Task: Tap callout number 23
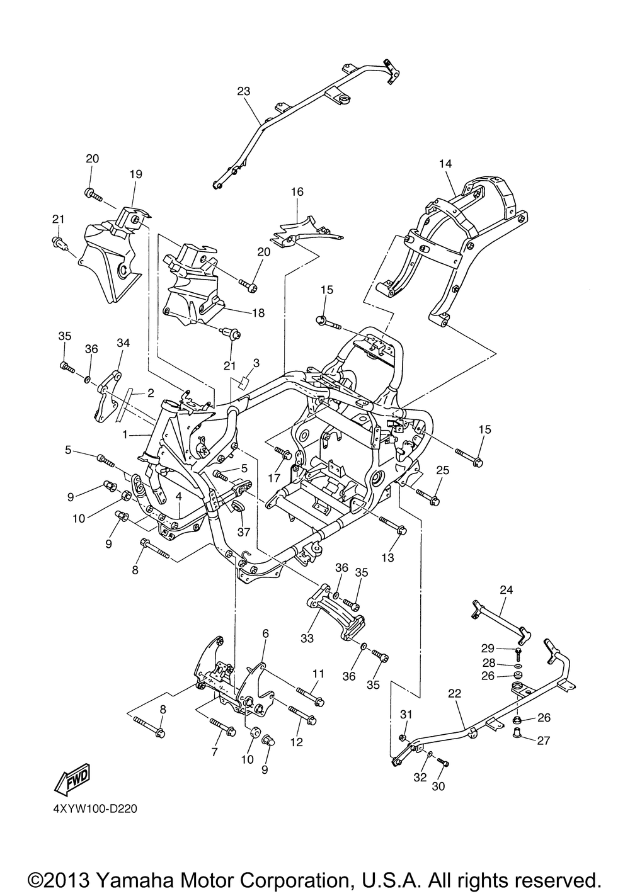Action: tap(243, 91)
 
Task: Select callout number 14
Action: tap(445, 164)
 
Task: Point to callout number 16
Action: tap(297, 191)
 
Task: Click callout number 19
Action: tap(135, 174)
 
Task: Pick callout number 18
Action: tap(258, 313)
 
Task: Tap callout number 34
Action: tap(123, 343)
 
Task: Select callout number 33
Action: tap(307, 638)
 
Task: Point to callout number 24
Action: tap(506, 590)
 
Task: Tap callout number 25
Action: tap(443, 470)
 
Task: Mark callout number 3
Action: tap(256, 363)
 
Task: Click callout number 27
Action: tap(543, 741)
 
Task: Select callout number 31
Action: tap(406, 714)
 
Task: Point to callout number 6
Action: tap(266, 633)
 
